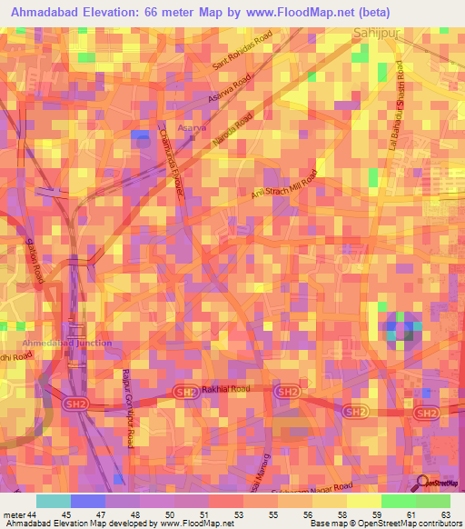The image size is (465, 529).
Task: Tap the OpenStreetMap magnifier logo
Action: (x=421, y=483)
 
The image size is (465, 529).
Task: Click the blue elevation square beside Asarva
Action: (x=140, y=136)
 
